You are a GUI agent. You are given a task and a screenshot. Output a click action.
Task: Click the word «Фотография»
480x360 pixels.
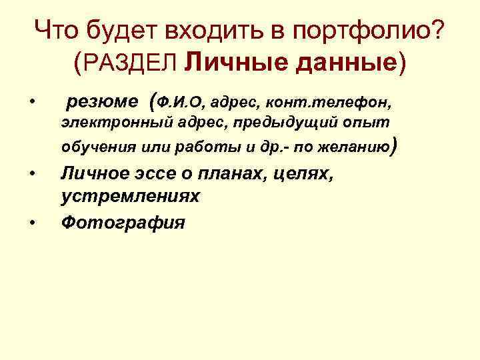[123, 223]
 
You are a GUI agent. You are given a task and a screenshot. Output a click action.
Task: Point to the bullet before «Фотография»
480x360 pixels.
[31, 223]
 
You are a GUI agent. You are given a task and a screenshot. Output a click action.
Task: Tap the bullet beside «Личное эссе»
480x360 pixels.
[31, 176]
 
